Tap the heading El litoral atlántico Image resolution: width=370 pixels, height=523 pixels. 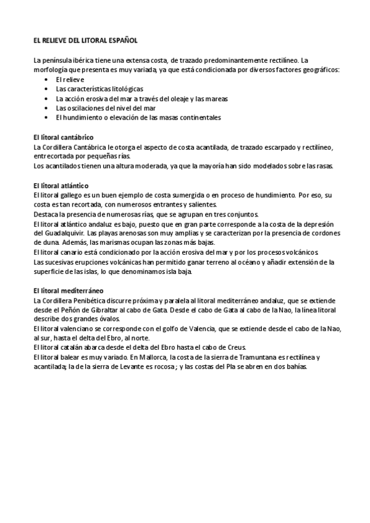[61, 185]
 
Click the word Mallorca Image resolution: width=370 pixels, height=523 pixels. [159, 358]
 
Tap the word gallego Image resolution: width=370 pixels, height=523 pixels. [70, 195]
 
